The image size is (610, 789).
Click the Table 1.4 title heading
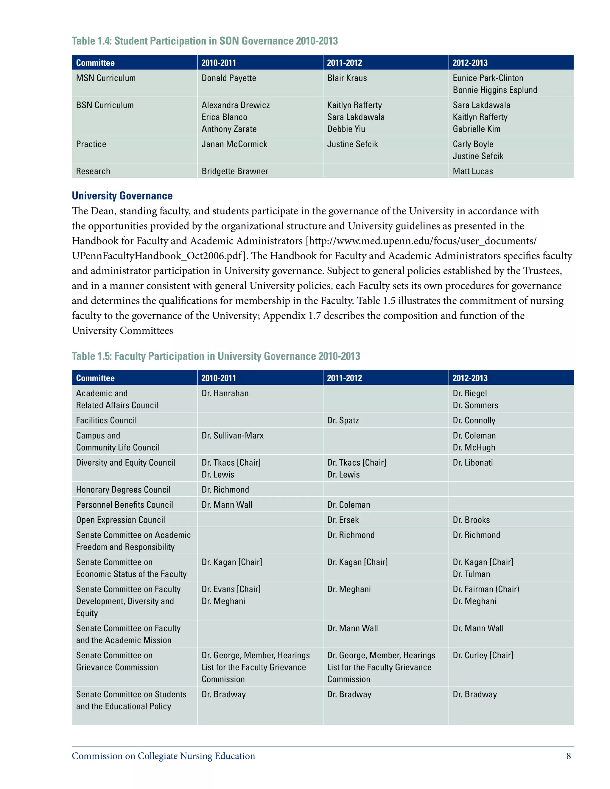point(205,41)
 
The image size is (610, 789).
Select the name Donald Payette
point(229,78)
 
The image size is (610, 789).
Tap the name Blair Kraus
point(347,78)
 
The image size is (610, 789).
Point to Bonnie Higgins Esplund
point(495,90)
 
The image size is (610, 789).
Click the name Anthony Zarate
point(229,129)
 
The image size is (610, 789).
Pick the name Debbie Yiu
point(346,129)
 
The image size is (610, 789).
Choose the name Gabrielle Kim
point(476,129)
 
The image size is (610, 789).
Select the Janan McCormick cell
point(234,144)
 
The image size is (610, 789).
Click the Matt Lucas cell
point(473,171)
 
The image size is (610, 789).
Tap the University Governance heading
point(122,196)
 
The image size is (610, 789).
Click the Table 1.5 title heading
point(216,356)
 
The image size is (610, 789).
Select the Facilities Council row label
point(106,420)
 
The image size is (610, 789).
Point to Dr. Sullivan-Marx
point(232,436)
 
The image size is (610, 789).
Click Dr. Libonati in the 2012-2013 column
point(473,463)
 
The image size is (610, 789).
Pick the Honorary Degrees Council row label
point(123,490)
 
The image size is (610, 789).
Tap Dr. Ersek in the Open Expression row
point(343,520)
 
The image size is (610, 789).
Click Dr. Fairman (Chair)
point(486,589)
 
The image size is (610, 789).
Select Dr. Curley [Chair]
point(483,655)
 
